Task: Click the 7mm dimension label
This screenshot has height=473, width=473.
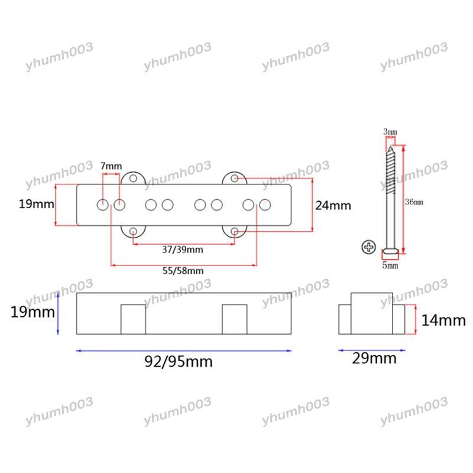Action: [x=111, y=166]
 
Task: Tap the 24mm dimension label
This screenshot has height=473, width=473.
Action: [x=333, y=206]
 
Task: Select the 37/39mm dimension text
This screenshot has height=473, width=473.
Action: [x=183, y=250]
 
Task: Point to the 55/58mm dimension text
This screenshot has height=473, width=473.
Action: [x=183, y=271]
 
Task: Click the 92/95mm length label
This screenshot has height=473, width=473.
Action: [x=179, y=361]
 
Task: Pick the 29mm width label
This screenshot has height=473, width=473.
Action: [x=374, y=358]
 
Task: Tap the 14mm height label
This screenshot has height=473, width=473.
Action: [x=443, y=320]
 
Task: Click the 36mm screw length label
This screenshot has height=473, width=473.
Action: [x=414, y=202]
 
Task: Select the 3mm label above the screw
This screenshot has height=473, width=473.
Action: [x=390, y=131]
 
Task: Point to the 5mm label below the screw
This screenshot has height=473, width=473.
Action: [x=390, y=265]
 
